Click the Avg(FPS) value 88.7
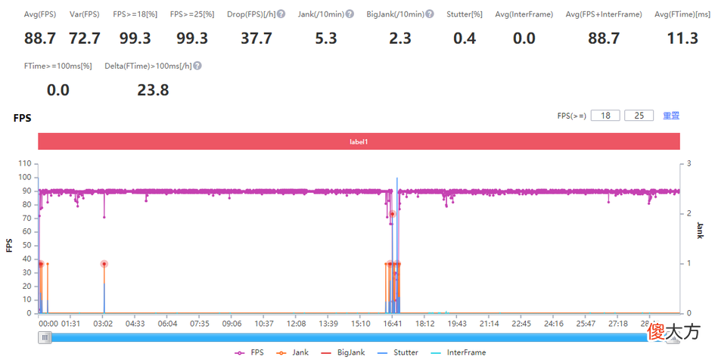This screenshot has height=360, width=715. coord(40,39)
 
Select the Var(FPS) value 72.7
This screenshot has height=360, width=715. coord(85,39)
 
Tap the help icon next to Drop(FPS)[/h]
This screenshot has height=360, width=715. coord(281,14)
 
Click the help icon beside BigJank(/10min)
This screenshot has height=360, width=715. coord(430,14)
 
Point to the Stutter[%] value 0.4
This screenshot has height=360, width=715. coord(465,39)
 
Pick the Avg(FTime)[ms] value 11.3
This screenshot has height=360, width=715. coord(682,39)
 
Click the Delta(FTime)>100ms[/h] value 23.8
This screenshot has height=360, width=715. coord(153,90)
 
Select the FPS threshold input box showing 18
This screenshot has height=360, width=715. coord(605,116)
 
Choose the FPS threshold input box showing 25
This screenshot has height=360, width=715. coord(639,116)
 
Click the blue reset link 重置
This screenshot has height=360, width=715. coord(671,116)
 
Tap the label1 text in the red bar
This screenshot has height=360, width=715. coord(359,141)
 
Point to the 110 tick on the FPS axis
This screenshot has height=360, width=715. coord(25,163)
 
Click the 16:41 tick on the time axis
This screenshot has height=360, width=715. coord(393,324)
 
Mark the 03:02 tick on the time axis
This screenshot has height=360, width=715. coord(103,324)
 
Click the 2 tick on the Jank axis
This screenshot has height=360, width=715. coord(689,213)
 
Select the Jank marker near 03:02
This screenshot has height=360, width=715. coord(104,264)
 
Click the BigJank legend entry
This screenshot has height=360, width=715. coord(342,352)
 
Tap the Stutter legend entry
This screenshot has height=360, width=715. coord(398,352)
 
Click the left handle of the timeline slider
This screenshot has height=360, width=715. coord(45,337)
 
